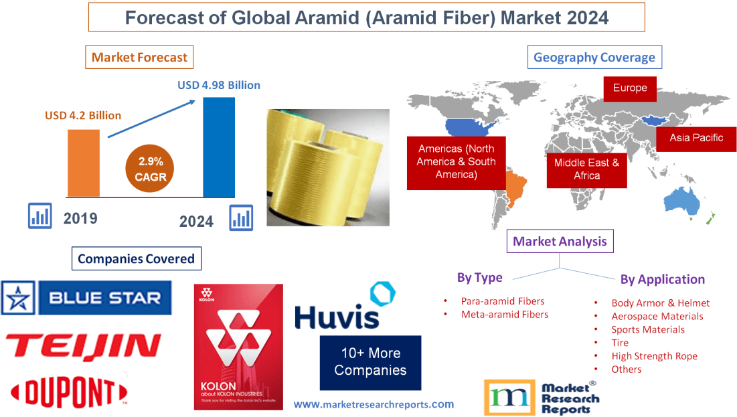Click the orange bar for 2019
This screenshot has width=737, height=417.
tap(83, 163)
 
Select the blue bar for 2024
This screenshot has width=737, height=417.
tap(219, 147)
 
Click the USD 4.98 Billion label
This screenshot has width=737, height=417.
tap(218, 85)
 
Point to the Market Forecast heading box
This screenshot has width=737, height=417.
tap(139, 57)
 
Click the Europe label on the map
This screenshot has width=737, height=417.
tap(629, 88)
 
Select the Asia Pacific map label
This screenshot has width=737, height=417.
tap(696, 138)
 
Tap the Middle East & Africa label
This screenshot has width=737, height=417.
tap(586, 169)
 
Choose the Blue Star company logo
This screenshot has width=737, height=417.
tap(86, 297)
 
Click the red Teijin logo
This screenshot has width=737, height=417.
tap(83, 346)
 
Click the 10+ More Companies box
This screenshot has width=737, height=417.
tap(370, 362)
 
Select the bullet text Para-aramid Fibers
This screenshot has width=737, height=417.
tap(503, 301)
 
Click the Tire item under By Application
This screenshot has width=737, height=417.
tap(620, 343)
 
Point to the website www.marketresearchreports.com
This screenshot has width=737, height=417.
tap(374, 404)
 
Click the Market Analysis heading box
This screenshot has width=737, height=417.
tap(560, 241)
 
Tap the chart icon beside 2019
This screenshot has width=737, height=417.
tap(39, 216)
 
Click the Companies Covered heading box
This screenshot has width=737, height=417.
tap(136, 258)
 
